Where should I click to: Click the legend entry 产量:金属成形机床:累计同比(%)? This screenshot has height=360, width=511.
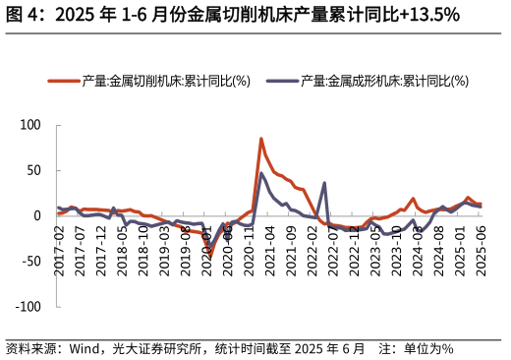coord(384,82)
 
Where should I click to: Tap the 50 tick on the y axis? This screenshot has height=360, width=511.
coord(34,170)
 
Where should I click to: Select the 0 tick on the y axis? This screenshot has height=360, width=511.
coord(37,215)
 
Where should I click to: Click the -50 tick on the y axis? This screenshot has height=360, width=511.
coord(31,261)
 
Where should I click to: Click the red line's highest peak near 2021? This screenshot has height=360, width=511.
coord(261,139)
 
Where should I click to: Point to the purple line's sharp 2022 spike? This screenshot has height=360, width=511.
coord(324,183)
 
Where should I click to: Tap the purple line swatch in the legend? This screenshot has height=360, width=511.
coord(283,82)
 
